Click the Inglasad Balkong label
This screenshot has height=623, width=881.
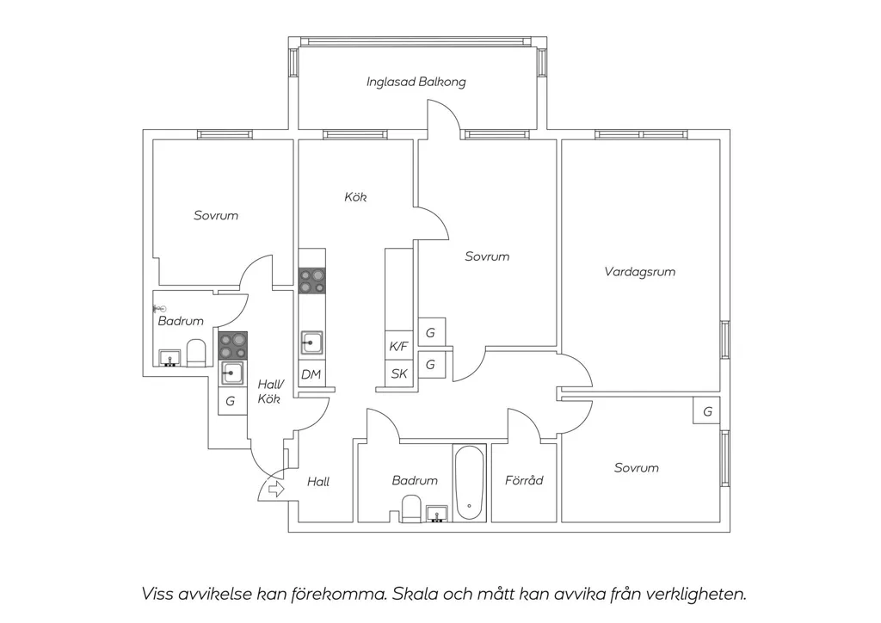[x=416, y=82]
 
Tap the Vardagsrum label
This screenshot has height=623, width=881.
[x=639, y=272]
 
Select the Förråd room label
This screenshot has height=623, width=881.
[x=524, y=480]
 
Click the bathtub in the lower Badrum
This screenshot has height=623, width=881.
[x=469, y=483]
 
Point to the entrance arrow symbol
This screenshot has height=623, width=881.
[x=276, y=490]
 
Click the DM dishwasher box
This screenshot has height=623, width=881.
[x=311, y=374]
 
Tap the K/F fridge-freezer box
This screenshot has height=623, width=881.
[x=398, y=346]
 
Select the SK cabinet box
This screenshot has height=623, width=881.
[x=399, y=373]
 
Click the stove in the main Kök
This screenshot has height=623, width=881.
[x=311, y=281]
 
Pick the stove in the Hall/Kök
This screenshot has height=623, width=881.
[x=232, y=345]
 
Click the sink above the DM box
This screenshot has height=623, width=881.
[x=311, y=342]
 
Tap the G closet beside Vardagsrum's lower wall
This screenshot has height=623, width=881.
[x=707, y=411]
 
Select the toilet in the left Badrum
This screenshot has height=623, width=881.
[x=196, y=353]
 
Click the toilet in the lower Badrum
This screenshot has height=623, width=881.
[x=411, y=509]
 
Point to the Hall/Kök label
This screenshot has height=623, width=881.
[x=269, y=392]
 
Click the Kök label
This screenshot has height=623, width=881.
[x=355, y=197]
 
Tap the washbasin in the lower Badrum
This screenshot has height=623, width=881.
[x=437, y=514]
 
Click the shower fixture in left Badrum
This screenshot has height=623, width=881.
[x=159, y=308]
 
